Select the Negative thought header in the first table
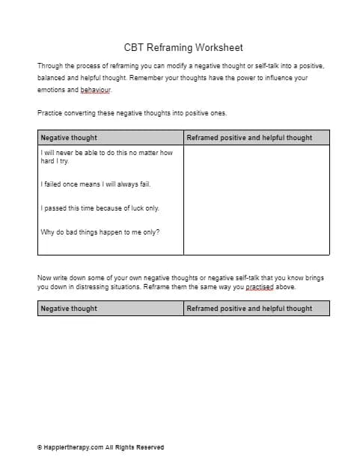69,138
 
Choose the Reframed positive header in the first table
249,138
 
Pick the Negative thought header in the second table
69,308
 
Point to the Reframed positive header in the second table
249,308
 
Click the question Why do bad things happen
100,232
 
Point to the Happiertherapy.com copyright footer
100,447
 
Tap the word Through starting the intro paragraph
51,66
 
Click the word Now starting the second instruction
44,277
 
